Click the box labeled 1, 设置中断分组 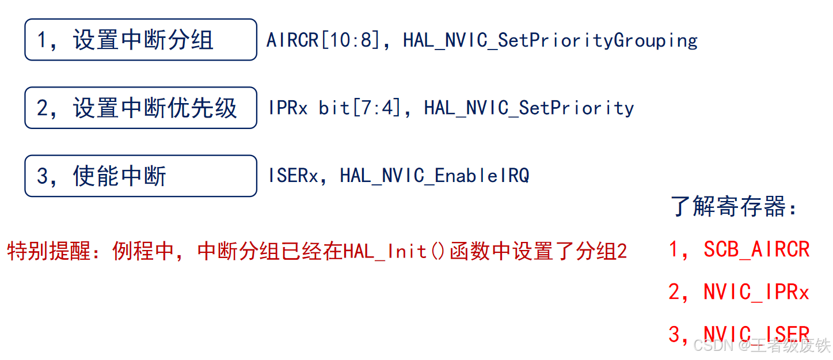point(140,40)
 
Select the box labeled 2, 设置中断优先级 point(140,108)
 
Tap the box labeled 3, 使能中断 point(140,176)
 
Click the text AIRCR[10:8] point(322,40)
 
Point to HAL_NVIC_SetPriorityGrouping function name point(550,40)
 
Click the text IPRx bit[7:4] point(334,108)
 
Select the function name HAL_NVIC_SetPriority point(528,108)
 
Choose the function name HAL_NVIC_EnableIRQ point(434,175)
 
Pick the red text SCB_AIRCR point(756,249)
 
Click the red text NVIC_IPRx point(756,292)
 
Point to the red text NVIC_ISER point(756,334)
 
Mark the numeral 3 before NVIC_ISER point(674,334)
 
